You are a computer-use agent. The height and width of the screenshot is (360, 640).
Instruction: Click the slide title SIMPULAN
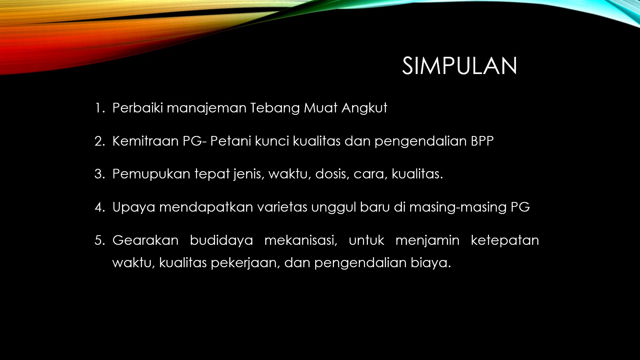[x=460, y=66]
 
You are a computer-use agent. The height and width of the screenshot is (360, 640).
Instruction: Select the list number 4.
[x=100, y=207]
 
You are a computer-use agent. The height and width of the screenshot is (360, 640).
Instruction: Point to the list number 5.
[x=100, y=240]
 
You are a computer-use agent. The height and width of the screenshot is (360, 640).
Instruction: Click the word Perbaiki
[x=138, y=108]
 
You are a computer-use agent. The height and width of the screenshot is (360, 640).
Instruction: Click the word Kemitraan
[x=146, y=141]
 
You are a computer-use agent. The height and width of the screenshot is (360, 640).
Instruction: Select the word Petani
[x=230, y=141]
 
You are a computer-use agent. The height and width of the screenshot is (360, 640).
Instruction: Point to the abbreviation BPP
[x=482, y=141]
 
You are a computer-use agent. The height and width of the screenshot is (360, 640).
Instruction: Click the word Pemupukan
[x=151, y=174]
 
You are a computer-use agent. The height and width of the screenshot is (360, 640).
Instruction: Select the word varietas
[x=282, y=207]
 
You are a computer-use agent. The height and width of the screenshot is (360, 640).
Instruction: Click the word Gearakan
[x=145, y=240]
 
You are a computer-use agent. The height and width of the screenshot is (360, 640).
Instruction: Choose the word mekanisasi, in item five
[x=301, y=240]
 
